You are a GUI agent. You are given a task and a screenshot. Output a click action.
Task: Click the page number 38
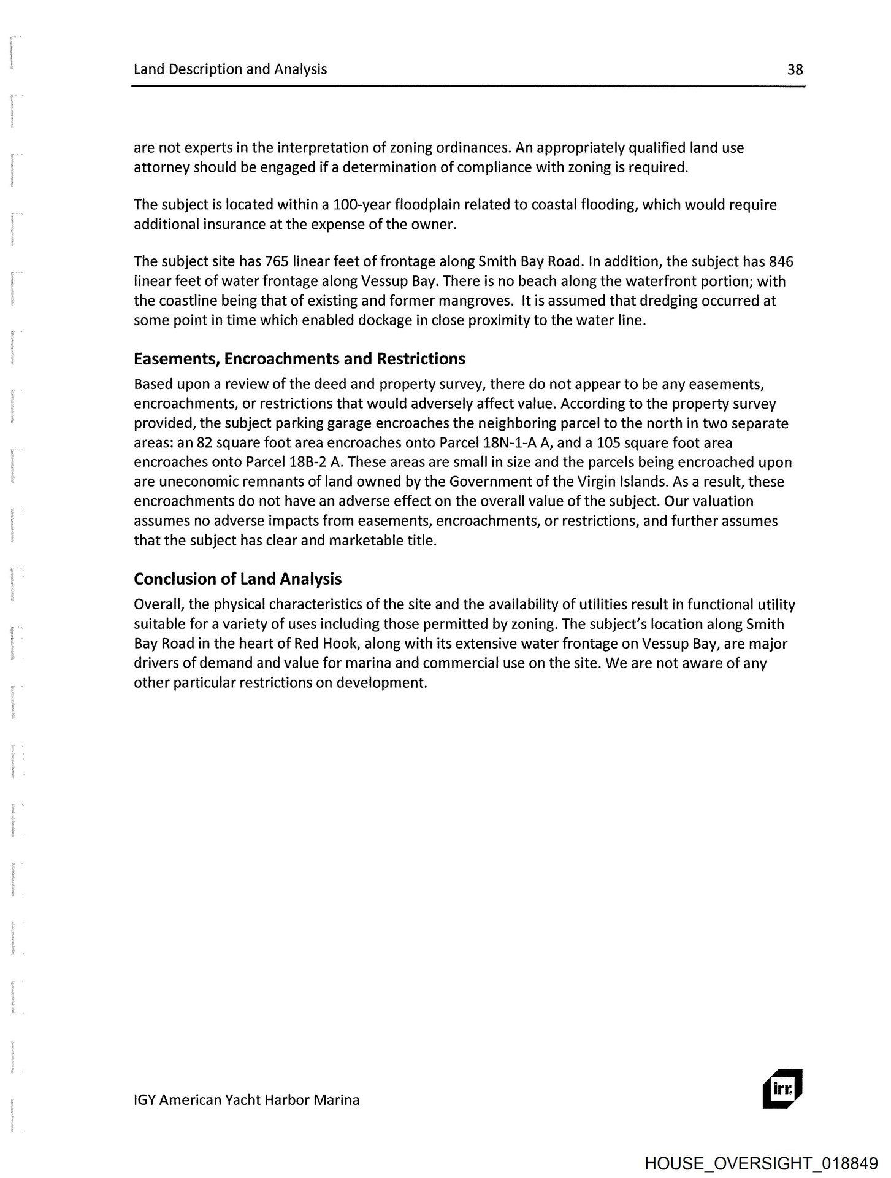(x=795, y=69)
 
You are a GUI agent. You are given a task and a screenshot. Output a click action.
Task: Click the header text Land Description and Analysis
(x=230, y=69)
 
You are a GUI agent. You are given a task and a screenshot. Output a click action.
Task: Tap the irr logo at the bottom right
(x=781, y=1090)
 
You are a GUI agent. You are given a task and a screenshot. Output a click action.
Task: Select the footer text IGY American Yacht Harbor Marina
(x=247, y=1099)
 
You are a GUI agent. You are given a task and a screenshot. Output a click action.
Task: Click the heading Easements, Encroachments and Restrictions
(x=299, y=358)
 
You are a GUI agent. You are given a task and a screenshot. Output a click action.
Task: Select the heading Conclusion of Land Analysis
(x=237, y=579)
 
